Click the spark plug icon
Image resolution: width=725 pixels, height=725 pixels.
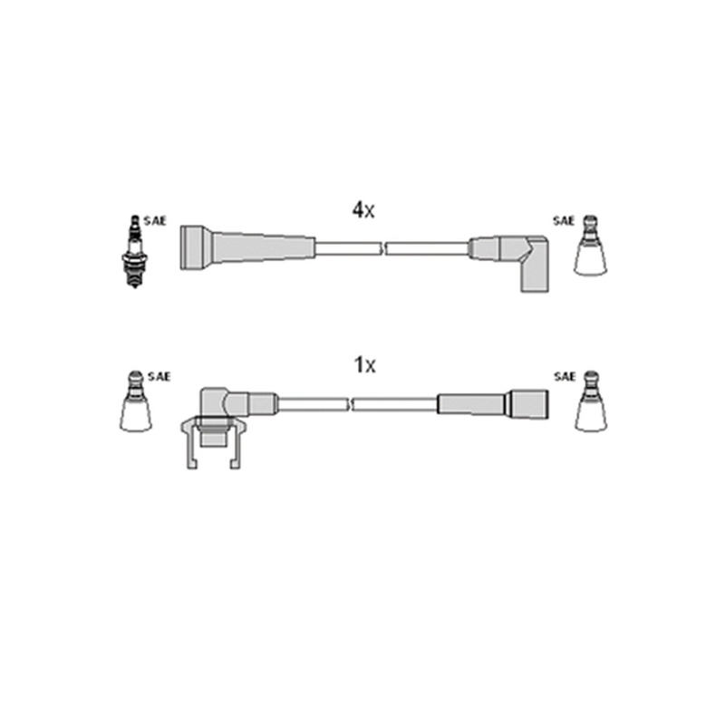tap(134, 252)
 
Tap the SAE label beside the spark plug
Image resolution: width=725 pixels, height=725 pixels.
tap(154, 221)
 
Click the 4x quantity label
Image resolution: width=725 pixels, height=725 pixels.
tap(363, 210)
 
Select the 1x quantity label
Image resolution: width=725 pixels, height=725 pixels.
tap(364, 365)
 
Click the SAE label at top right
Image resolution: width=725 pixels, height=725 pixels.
tap(564, 221)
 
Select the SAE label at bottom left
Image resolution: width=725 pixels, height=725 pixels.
tap(159, 377)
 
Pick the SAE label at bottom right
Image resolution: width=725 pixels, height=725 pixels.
tap(565, 377)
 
